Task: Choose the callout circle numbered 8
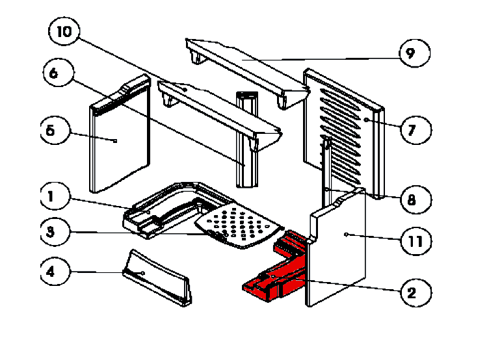(411, 199)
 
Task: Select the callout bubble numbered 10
(67, 32)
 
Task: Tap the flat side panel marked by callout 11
(338, 250)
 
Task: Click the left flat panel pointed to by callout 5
(120, 143)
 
